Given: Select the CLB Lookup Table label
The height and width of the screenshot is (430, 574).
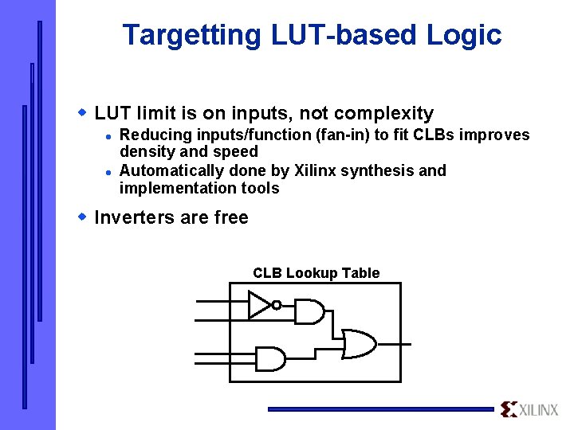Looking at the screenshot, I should (316, 273).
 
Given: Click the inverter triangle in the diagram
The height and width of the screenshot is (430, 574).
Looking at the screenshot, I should (259, 304).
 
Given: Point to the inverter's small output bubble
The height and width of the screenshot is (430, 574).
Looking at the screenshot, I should (276, 305).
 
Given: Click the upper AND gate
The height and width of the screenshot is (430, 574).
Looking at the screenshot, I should (309, 311).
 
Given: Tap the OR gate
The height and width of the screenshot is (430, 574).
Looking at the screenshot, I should (359, 344).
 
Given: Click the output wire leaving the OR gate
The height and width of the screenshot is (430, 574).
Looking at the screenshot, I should (395, 344).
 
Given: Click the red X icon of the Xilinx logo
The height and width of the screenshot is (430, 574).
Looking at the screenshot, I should (509, 409).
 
